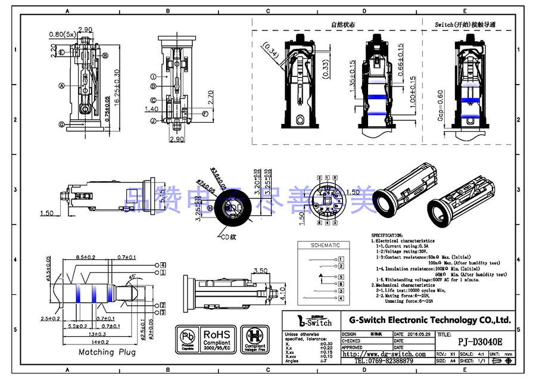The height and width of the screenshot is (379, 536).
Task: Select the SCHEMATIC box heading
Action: [326, 245]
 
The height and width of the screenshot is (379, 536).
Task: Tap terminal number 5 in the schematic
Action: [341, 277]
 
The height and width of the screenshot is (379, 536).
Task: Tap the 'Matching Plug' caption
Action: [107, 352]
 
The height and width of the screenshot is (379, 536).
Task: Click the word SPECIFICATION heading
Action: [387, 235]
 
